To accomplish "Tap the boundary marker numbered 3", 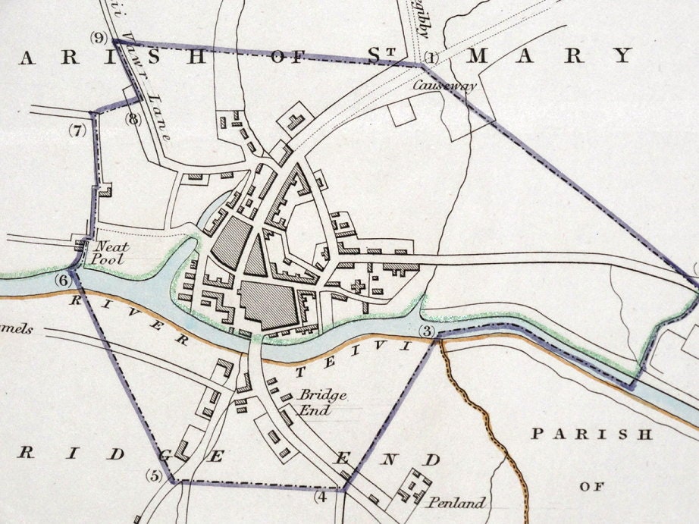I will point(427,331).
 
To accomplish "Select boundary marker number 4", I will point(321,497).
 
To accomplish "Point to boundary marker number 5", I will point(155,476).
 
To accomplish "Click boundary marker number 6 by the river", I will point(63,281).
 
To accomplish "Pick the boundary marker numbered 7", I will point(78,130).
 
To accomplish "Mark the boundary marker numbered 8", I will point(133,118).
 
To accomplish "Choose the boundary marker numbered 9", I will point(99,37).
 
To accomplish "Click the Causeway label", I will point(444,86).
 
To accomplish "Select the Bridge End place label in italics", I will point(322,401).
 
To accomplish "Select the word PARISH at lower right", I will point(591,435).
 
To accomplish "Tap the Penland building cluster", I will point(413,485).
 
